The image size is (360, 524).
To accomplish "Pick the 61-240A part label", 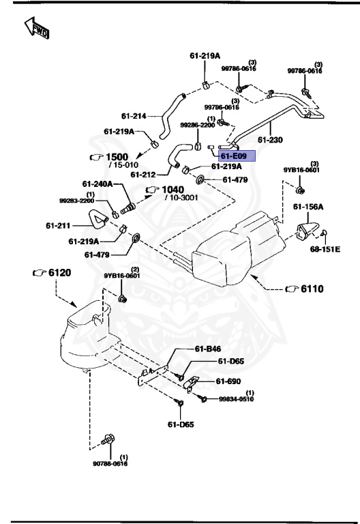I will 97,184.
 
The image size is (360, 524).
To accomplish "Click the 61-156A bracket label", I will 309,207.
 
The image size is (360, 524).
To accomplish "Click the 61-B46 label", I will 209,349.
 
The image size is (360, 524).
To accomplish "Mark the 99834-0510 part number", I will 237,401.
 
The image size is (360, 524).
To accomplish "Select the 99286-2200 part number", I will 198,126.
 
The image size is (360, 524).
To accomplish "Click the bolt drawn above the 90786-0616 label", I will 107,440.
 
